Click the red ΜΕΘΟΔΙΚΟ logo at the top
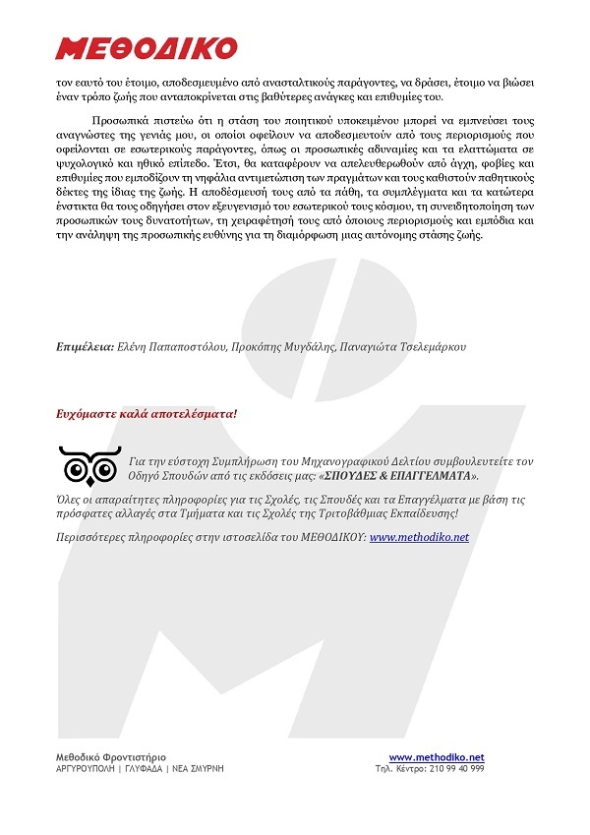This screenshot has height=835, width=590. coord(147,48)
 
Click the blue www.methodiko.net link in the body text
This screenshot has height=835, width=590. coord(419,538)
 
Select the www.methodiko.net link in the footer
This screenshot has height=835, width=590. coord(437,756)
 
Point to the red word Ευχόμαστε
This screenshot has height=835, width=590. coord(88,414)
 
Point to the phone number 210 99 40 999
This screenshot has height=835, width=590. coord(457,769)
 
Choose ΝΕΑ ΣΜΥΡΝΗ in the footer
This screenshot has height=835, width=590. coord(201,769)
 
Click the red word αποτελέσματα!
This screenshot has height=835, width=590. coord(194,414)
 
